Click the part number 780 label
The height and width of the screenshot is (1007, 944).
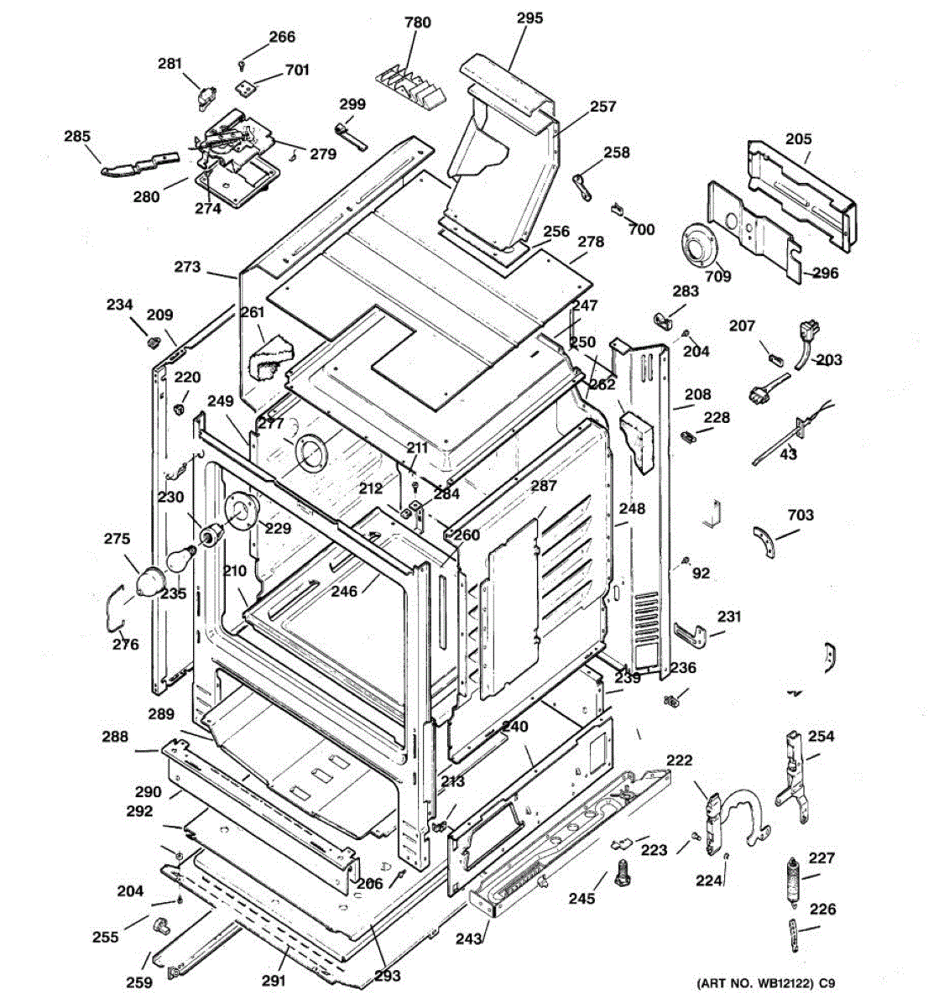(x=418, y=23)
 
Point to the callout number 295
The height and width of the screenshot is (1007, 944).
(x=529, y=18)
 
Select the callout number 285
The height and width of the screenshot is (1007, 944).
(x=77, y=136)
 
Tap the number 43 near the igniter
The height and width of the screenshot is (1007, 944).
(x=788, y=454)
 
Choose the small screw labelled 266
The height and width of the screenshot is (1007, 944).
(x=242, y=65)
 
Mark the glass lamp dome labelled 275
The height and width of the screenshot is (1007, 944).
(x=149, y=580)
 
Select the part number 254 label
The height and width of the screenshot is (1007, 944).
(x=821, y=736)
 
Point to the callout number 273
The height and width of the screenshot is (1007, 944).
(x=188, y=267)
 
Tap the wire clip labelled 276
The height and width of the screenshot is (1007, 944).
(x=115, y=608)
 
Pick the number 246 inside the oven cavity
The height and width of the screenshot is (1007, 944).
(x=344, y=592)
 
